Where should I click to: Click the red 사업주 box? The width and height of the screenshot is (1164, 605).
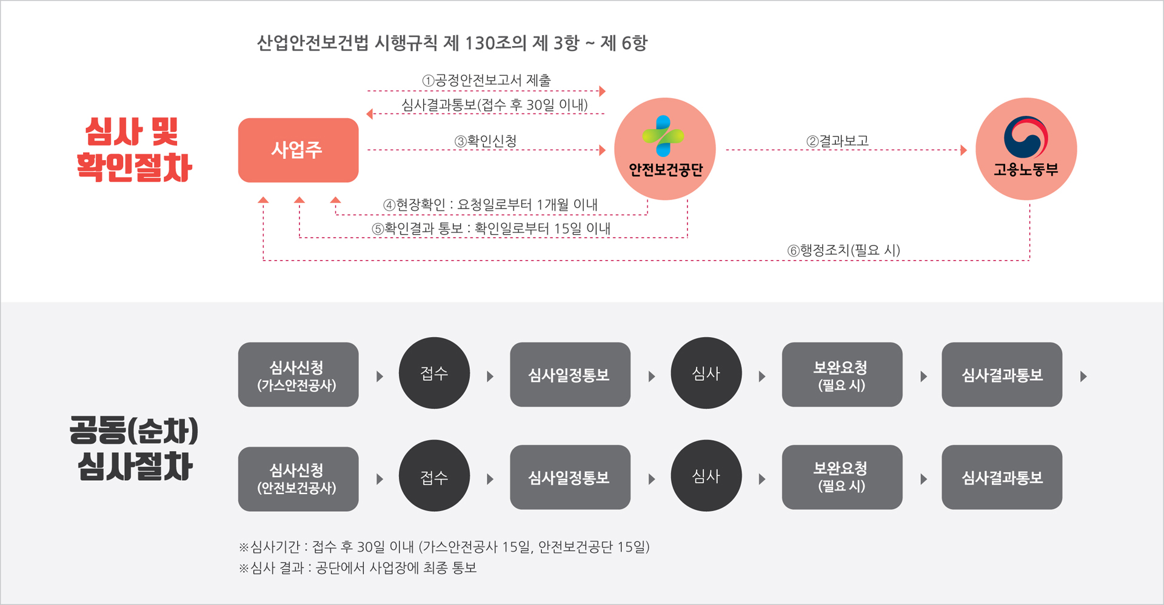[298, 150]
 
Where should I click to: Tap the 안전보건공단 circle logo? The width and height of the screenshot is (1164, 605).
[664, 149]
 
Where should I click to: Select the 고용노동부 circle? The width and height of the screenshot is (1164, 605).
[1026, 149]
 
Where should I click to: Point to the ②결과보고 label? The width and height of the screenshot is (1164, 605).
[837, 141]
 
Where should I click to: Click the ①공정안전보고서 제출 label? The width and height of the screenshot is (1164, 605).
[486, 80]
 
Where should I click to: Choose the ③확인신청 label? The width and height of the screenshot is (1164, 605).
[486, 141]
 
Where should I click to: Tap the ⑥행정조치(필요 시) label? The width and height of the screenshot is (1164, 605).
[843, 250]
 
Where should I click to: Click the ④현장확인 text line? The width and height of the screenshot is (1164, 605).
[490, 205]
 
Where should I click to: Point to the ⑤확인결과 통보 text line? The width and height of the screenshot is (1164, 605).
[491, 229]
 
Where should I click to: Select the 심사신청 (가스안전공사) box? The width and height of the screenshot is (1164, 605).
[298, 375]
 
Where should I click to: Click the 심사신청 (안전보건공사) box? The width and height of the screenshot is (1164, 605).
[298, 478]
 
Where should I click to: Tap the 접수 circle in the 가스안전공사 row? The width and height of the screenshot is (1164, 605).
[434, 373]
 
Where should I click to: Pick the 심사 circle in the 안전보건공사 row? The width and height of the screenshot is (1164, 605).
[706, 476]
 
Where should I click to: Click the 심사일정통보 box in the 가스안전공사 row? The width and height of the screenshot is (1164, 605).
[569, 375]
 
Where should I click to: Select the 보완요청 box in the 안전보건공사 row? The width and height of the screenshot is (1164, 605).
[841, 477]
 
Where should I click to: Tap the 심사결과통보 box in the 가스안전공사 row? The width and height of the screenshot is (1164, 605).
[1002, 375]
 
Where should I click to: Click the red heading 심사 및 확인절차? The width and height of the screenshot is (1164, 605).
[134, 149]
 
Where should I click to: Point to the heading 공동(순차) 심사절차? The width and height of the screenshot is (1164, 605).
[134, 448]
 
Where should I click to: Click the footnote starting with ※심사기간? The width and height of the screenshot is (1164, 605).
[444, 547]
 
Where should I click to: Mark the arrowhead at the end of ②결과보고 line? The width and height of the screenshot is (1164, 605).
[964, 150]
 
